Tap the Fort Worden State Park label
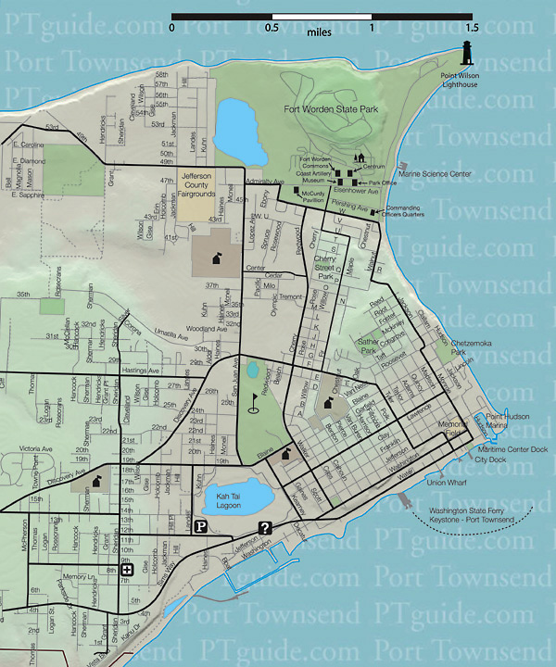(x=332, y=109)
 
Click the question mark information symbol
(x=265, y=529)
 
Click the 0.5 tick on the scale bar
(x=272, y=27)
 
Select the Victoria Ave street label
(x=36, y=449)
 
